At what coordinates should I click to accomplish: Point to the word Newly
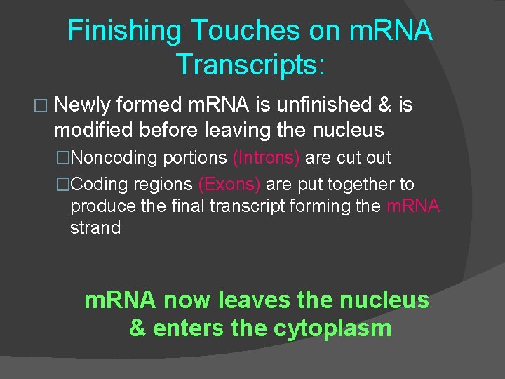point(81,105)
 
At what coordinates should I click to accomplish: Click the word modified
point(95,130)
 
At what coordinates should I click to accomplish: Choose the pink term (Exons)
point(229,185)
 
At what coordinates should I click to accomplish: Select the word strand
point(95,228)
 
